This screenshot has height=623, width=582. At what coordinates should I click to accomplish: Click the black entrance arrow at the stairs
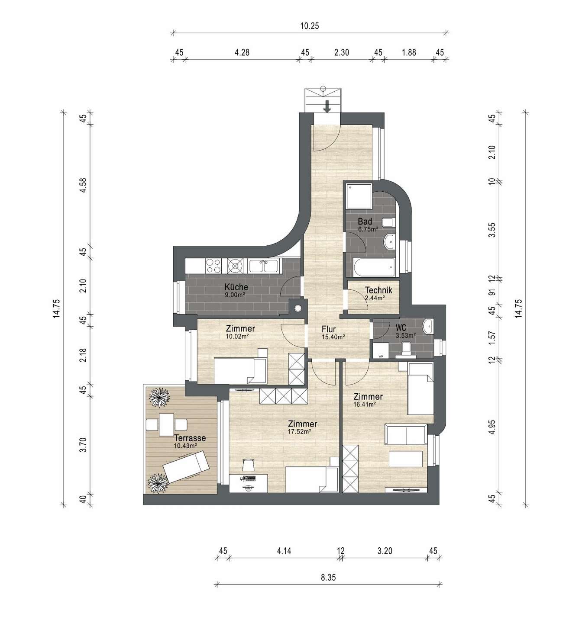click(x=327, y=106)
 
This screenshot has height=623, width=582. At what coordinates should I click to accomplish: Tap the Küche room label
click(x=236, y=287)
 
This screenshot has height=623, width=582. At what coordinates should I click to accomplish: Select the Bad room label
click(x=365, y=222)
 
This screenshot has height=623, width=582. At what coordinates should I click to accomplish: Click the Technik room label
click(x=378, y=290)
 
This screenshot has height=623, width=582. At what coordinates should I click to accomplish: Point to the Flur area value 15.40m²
click(x=333, y=337)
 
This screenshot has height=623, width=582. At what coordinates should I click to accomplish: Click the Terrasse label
click(x=190, y=438)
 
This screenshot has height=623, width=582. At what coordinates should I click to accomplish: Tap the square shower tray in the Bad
click(x=359, y=196)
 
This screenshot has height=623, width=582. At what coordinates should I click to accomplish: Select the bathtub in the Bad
click(x=374, y=267)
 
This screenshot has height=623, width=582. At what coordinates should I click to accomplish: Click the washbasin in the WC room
click(x=428, y=326)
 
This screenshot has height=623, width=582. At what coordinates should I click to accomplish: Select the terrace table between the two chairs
click(x=166, y=425)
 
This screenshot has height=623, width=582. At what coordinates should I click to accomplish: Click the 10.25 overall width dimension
click(x=309, y=26)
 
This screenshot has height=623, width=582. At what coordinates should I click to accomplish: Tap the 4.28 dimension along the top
click(x=242, y=52)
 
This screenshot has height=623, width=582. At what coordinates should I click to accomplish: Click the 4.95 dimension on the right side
click(x=492, y=427)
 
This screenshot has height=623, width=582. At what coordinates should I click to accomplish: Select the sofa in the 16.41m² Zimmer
click(x=406, y=434)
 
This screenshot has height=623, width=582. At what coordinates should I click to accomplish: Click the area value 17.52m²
click(x=299, y=432)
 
